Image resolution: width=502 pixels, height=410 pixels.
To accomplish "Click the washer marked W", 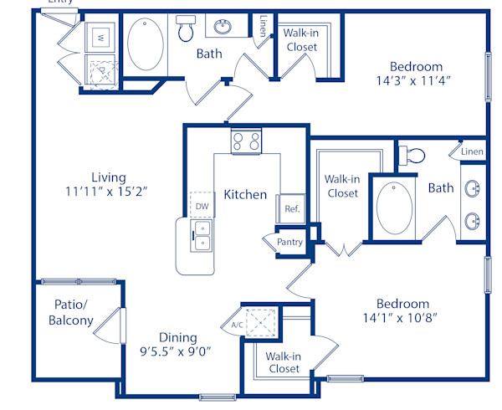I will tap(100, 37).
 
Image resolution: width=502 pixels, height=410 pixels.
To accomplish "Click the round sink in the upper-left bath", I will tap(223, 28).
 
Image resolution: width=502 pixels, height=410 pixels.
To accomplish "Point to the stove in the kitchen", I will tap(246, 141).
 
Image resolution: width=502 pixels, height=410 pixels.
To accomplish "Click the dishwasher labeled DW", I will tap(202, 204).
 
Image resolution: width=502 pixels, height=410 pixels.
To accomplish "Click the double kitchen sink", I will tap(202, 235).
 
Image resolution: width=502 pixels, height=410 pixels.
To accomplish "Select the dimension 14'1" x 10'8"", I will tap(402, 318).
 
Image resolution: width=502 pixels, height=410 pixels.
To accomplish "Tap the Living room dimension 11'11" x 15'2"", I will tap(109, 191).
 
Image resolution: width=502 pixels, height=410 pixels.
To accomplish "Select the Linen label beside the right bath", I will tap(472, 151).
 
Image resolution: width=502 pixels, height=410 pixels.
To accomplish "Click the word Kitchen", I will tap(245, 195).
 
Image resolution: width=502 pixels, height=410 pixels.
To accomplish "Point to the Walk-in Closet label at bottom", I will tap(284, 362).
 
